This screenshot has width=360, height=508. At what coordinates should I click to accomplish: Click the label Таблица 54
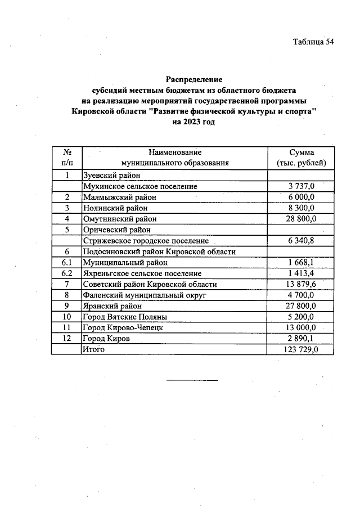pyautogui.click(x=313, y=42)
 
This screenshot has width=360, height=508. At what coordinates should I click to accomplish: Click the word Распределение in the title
pyautogui.click(x=194, y=79)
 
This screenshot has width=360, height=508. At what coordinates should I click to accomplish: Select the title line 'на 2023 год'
pyautogui.click(x=194, y=122)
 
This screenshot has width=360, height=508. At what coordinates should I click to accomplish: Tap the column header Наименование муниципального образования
pyautogui.click(x=175, y=158)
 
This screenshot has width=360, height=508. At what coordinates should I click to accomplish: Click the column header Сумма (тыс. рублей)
pyautogui.click(x=301, y=158)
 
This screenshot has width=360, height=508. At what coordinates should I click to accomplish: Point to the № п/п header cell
pyautogui.click(x=66, y=158)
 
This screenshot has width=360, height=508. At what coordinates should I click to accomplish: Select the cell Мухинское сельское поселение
pyautogui.click(x=139, y=186)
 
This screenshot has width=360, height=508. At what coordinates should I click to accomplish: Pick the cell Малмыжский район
pyautogui.click(x=119, y=197)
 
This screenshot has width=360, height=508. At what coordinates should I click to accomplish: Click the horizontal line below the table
pyautogui.click(x=192, y=381)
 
